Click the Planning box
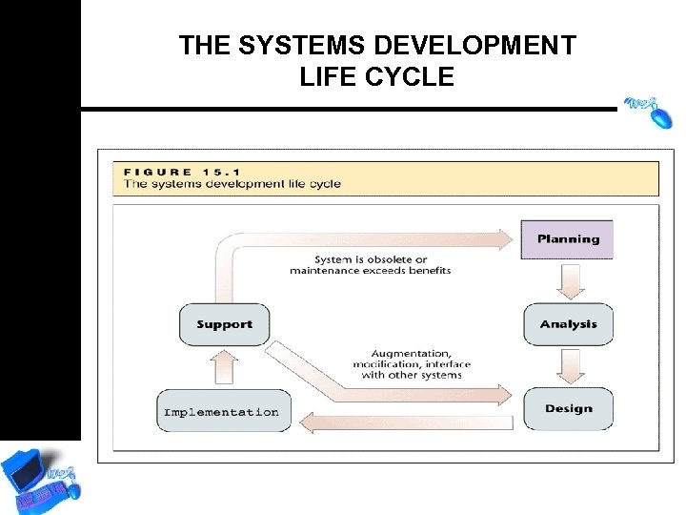pyautogui.click(x=568, y=239)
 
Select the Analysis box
pyautogui.click(x=568, y=324)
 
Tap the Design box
pyautogui.click(x=568, y=409)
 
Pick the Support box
pyautogui.click(x=224, y=324)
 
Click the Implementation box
pyautogui.click(x=222, y=412)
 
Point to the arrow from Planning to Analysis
pyautogui.click(x=570, y=281)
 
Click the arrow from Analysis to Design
pyautogui.click(x=570, y=366)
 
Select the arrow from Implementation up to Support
pyautogui.click(x=223, y=366)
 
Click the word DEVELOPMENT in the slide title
pyautogui.click(x=475, y=46)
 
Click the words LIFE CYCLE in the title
pyautogui.click(x=376, y=77)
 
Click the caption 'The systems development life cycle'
pyautogui.click(x=232, y=184)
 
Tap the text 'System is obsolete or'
pyautogui.click(x=371, y=259)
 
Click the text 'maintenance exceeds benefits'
pyautogui.click(x=371, y=271)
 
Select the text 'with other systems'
pyautogui.click(x=411, y=375)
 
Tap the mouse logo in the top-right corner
pyautogui.click(x=648, y=110)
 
